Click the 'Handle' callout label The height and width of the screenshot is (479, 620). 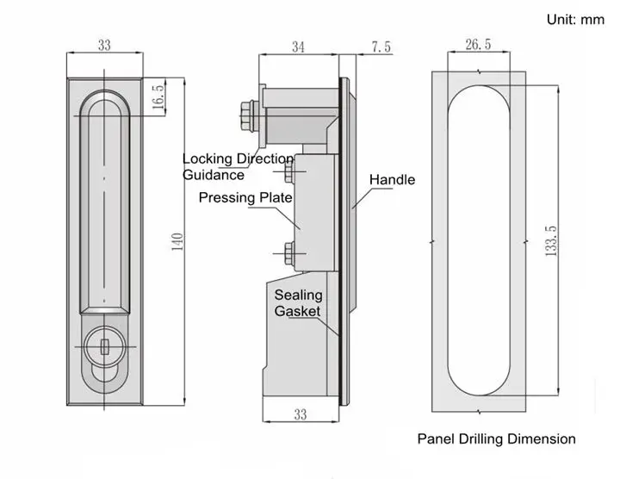coord(392,180)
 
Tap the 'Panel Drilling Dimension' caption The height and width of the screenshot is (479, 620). coord(496,439)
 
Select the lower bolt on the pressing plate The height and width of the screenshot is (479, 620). coord(287,252)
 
